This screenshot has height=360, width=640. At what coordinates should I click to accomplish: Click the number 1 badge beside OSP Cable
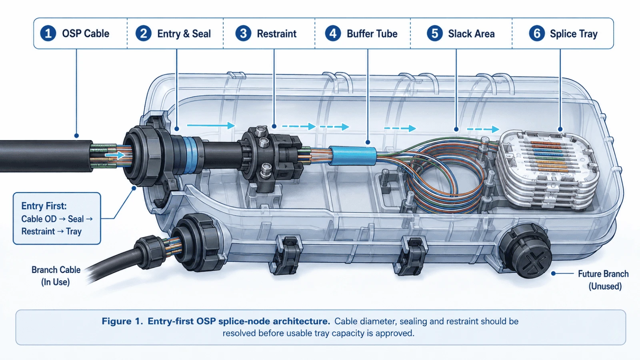[48, 34]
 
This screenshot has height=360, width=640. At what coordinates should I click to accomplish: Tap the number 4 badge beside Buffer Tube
[333, 34]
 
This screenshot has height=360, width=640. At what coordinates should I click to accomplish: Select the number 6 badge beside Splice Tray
[537, 34]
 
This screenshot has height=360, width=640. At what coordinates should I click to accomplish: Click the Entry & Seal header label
[184, 34]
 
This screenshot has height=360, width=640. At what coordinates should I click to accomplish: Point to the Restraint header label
[276, 34]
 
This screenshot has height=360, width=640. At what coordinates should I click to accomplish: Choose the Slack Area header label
[472, 34]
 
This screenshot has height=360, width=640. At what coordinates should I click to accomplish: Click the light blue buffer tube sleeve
[352, 156]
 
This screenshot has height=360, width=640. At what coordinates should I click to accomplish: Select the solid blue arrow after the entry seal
[211, 125]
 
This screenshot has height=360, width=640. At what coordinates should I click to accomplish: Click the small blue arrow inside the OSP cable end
[115, 155]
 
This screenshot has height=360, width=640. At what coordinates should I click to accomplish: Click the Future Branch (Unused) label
[604, 280]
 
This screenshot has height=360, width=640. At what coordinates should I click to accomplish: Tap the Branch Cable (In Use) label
[56, 276]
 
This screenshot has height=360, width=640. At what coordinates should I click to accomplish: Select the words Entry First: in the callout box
[44, 206]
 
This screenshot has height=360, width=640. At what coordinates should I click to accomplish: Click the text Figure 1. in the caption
[122, 321]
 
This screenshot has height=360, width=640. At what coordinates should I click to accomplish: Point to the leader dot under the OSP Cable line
[76, 136]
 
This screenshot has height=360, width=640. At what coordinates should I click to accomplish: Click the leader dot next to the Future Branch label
[554, 274]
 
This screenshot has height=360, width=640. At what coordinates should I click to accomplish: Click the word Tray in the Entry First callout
[74, 232]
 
